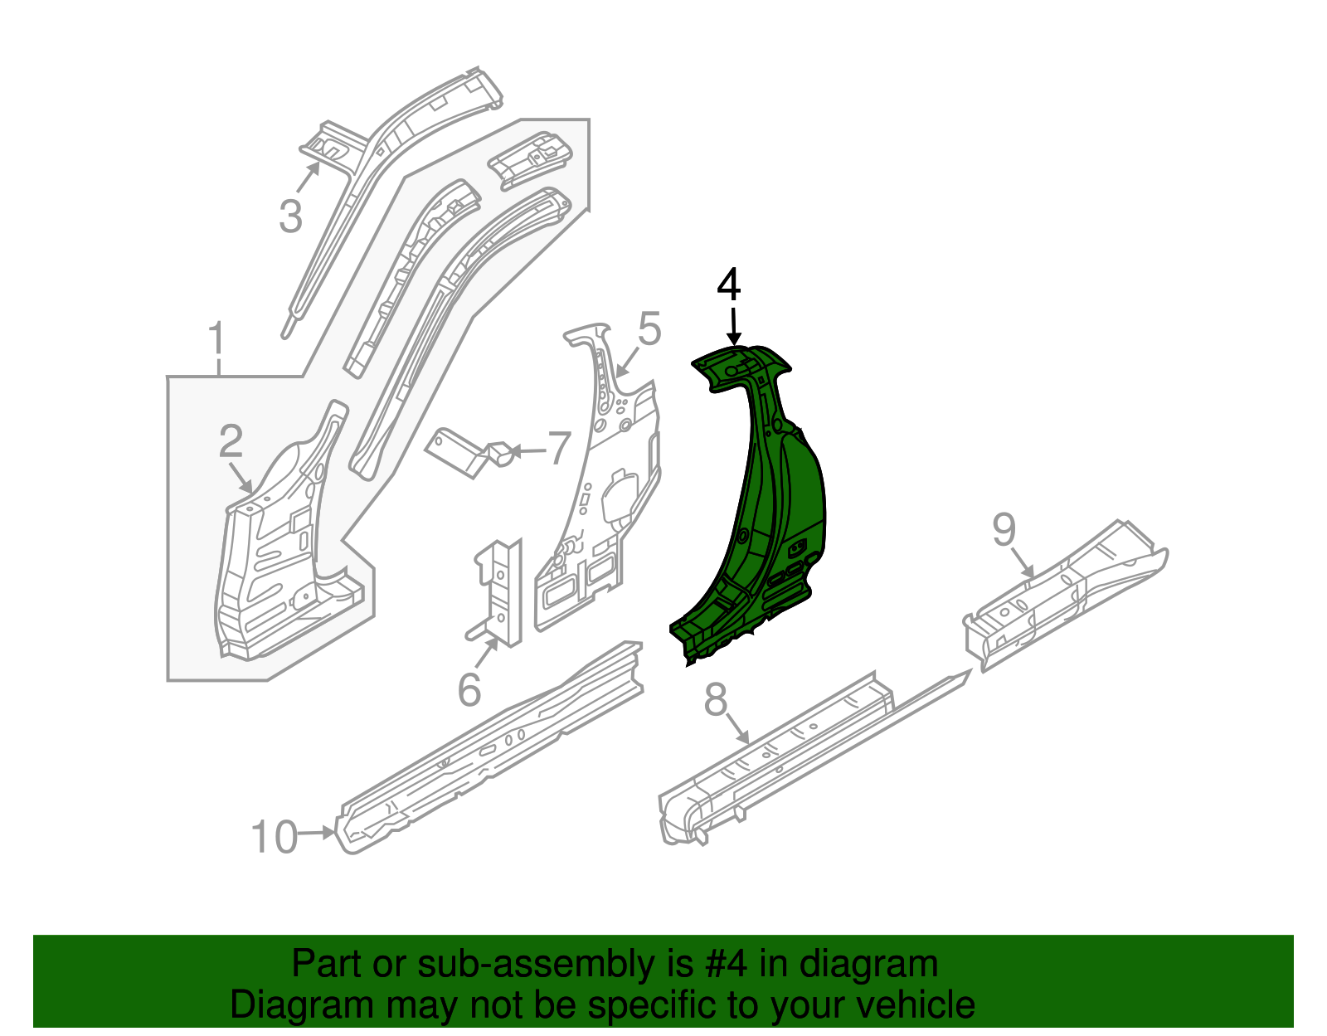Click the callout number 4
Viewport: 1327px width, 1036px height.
point(728,285)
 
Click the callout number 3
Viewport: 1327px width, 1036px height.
point(290,216)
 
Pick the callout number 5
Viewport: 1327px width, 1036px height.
point(649,329)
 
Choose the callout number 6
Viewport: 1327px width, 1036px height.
point(469,689)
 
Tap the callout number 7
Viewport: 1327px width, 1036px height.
point(560,449)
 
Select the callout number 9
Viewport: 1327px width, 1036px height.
point(1004,529)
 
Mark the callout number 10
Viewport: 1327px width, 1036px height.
point(274,836)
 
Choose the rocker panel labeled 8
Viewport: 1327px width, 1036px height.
point(796,747)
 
